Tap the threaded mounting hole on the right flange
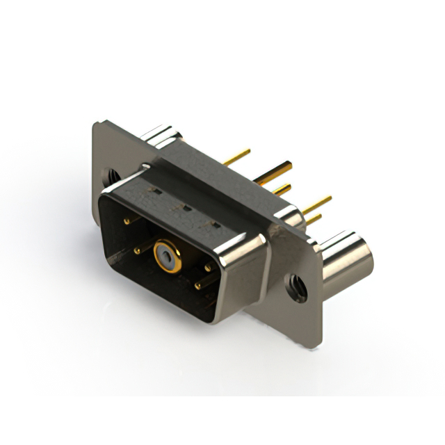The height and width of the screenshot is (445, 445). (298, 286)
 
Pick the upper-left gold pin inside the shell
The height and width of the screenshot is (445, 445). (127, 221)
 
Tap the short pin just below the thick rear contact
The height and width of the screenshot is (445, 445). (282, 189)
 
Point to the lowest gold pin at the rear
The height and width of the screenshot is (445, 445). (314, 220)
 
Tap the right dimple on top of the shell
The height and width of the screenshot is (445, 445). (216, 223)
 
